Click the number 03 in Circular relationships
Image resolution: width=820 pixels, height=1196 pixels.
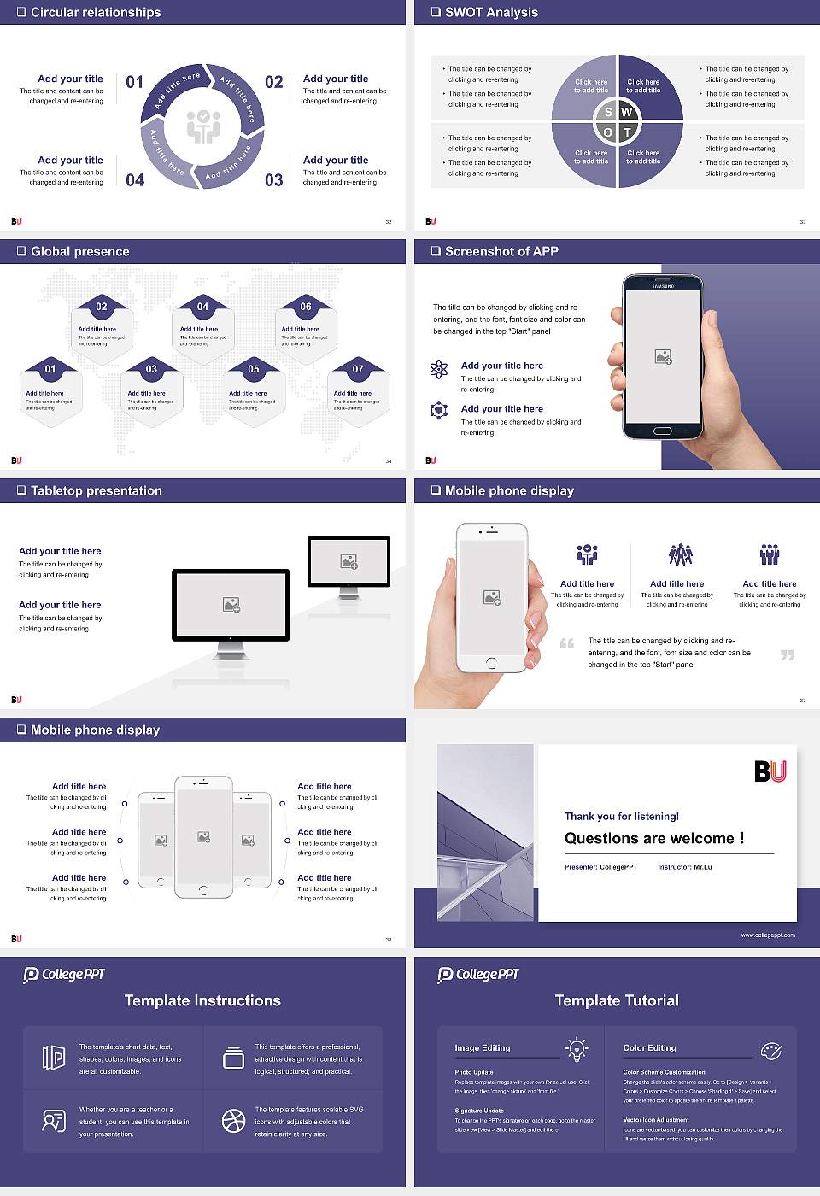[x=273, y=180]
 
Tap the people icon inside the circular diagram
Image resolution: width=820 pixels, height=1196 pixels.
[x=203, y=126]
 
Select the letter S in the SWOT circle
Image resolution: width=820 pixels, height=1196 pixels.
[x=608, y=112]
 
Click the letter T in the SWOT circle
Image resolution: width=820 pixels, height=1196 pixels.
[x=627, y=132]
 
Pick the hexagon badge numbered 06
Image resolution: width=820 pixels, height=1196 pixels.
[x=306, y=307]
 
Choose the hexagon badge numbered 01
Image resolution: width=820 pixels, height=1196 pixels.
[x=50, y=369]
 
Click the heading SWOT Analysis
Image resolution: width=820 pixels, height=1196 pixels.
[x=491, y=12]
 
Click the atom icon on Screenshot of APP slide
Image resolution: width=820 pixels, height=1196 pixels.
[x=439, y=369]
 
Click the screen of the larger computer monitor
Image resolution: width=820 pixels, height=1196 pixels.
[x=231, y=604]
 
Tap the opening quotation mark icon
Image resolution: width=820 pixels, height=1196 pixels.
[x=567, y=643]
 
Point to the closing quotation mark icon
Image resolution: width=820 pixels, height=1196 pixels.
[x=788, y=654]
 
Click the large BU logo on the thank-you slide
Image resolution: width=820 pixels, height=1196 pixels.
[x=770, y=771]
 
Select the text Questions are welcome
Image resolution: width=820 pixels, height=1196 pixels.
[x=653, y=838]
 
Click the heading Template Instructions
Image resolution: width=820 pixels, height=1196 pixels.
[x=202, y=1000]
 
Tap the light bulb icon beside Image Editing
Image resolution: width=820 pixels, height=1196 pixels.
[x=577, y=1048]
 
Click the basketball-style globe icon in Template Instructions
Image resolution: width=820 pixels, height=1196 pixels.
[x=233, y=1121]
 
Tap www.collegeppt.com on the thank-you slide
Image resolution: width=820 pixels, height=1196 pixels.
[x=767, y=935]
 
